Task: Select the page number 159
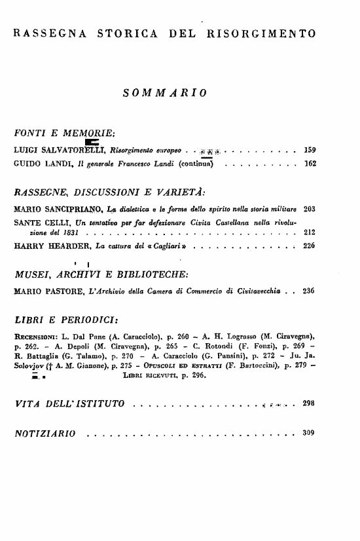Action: (x=310, y=150)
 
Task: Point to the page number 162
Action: (x=310, y=163)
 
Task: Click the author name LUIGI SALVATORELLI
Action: (x=54, y=150)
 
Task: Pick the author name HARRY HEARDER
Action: (x=46, y=246)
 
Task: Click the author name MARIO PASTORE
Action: (x=45, y=289)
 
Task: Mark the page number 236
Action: (x=310, y=289)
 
